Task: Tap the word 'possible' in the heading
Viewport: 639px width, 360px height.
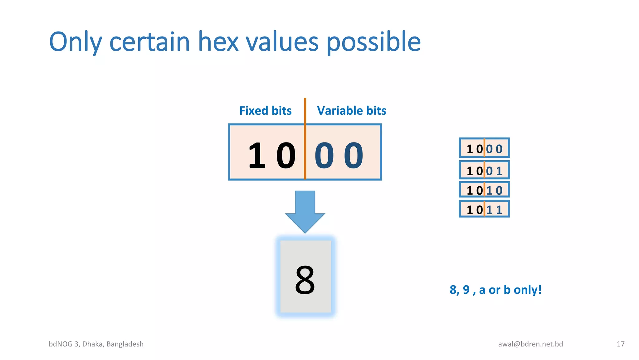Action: tap(373, 42)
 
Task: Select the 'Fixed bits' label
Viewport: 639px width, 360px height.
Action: tap(265, 111)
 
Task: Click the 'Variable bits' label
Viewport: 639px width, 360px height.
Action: tap(351, 111)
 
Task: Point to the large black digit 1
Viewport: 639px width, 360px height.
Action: tap(256, 155)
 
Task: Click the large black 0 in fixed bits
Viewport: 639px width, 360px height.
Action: tap(286, 155)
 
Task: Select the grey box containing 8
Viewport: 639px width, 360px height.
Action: tap(305, 276)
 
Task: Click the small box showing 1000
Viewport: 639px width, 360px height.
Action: tap(484, 148)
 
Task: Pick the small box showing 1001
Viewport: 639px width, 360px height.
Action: tap(484, 170)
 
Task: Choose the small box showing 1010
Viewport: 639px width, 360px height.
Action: tap(484, 190)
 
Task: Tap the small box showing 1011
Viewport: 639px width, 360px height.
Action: tap(484, 209)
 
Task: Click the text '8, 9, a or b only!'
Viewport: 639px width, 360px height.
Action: tap(495, 290)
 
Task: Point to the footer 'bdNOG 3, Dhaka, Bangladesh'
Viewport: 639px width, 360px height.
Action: tap(96, 344)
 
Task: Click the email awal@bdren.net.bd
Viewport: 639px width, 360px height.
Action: tap(530, 344)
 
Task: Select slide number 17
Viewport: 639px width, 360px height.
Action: tap(620, 344)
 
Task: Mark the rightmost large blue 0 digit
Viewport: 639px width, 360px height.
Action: tap(354, 155)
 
